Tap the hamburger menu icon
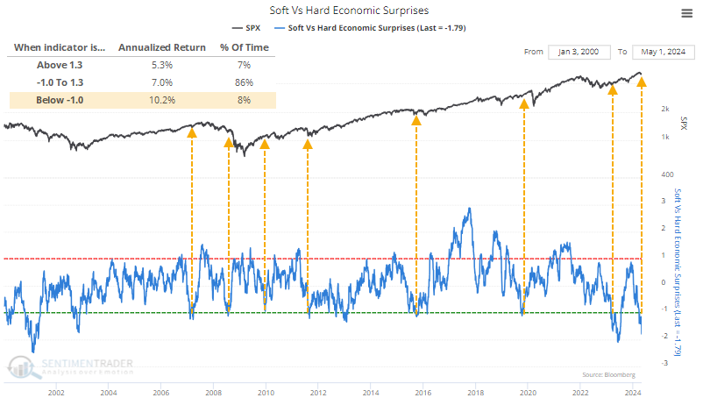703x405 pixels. click(x=685, y=12)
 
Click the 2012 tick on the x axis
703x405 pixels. click(x=318, y=394)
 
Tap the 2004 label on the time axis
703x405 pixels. click(x=109, y=394)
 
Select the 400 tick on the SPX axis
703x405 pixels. click(x=666, y=174)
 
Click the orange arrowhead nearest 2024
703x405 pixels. click(x=642, y=82)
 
